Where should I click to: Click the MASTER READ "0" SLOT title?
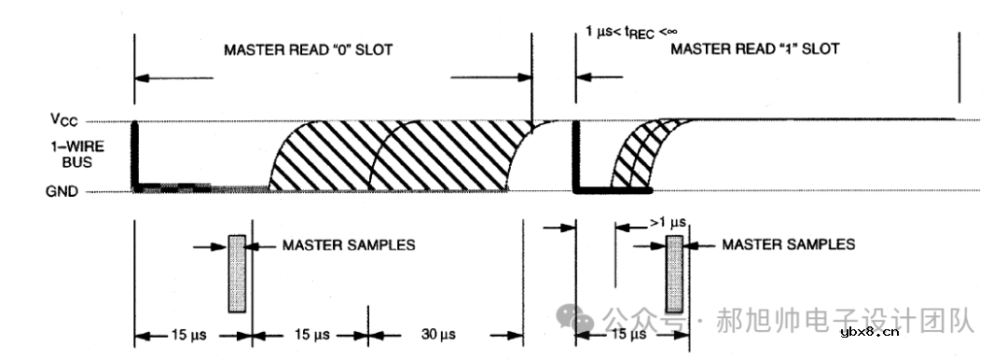(x=308, y=49)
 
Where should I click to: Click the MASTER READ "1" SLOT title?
(x=754, y=48)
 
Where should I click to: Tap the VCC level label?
(x=65, y=119)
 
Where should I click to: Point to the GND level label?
(x=62, y=191)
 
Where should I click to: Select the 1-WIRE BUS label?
(x=76, y=154)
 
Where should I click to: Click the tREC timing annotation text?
(x=631, y=32)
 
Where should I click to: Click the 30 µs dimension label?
(x=438, y=334)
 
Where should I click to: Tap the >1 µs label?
(x=668, y=222)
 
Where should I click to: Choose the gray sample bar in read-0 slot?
(x=237, y=274)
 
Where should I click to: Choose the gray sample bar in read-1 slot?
(x=674, y=274)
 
